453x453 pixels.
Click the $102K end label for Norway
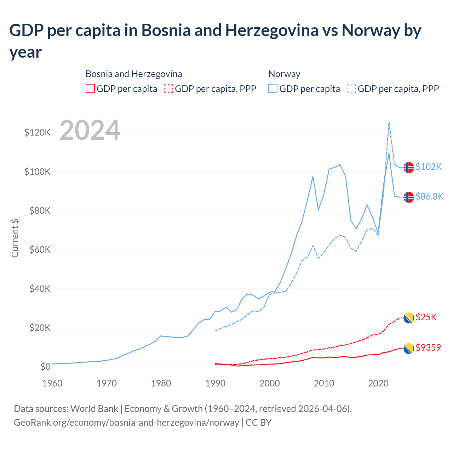429,167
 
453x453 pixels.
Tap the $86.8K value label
429,196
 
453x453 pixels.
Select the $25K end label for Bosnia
426,317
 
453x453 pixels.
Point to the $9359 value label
428,348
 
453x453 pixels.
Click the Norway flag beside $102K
409,167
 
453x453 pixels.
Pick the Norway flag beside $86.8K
409,197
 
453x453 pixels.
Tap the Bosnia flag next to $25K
409,318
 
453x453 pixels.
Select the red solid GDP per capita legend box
90,88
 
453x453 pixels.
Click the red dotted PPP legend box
168,88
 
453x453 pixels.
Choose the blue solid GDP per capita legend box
273,88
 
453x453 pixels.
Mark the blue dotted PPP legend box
351,88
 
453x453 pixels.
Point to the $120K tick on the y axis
38,133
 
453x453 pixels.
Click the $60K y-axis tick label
38,250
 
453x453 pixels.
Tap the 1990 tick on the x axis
216,383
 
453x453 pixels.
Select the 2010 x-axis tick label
324,383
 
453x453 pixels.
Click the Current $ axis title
15,238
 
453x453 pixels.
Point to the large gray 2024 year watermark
90,130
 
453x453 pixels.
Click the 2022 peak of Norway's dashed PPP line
389,122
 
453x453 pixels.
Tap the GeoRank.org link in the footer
126,423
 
